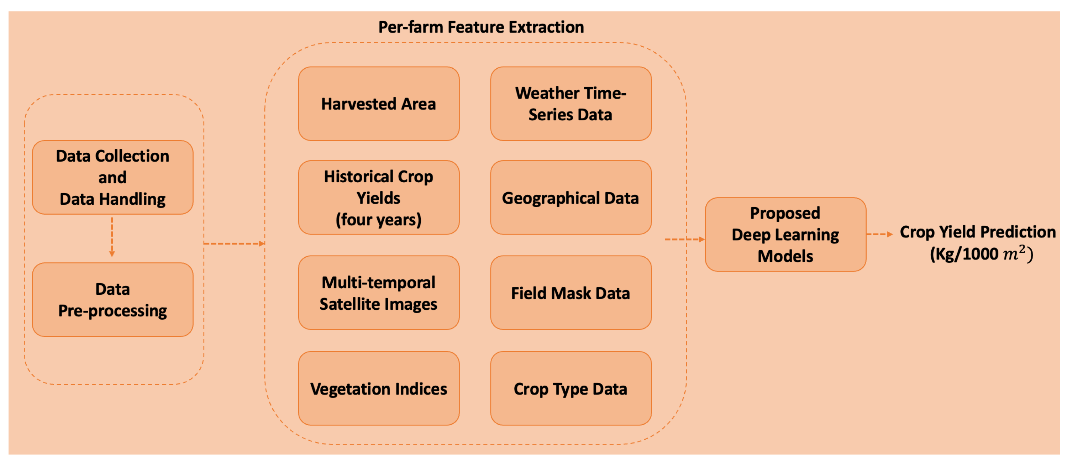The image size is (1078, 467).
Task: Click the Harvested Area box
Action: pyautogui.click(x=378, y=104)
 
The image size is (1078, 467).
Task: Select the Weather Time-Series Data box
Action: pyautogui.click(x=570, y=104)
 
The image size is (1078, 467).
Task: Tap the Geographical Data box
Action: pyautogui.click(x=570, y=198)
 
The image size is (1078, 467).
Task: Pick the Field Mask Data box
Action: pyautogui.click(x=570, y=293)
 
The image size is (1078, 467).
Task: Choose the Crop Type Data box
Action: pyautogui.click(x=570, y=388)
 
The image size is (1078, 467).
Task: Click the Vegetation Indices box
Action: pyautogui.click(x=378, y=388)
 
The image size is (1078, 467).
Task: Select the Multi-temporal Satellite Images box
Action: pyautogui.click(x=378, y=293)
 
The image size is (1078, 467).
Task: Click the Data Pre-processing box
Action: pyautogui.click(x=112, y=300)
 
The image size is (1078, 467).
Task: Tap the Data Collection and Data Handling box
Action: pyautogui.click(x=112, y=177)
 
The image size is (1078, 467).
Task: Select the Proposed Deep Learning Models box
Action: pyautogui.click(x=785, y=234)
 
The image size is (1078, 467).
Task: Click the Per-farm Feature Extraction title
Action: pyautogui.click(x=481, y=27)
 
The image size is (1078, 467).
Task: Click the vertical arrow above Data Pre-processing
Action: pyautogui.click(x=112, y=236)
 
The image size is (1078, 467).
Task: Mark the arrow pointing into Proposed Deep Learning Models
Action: pyautogui.click(x=684, y=239)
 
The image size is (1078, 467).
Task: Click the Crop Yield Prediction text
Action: pyautogui.click(x=978, y=232)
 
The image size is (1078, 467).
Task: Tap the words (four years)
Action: pyautogui.click(x=378, y=220)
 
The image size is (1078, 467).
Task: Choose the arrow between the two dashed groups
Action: pyautogui.click(x=234, y=243)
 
